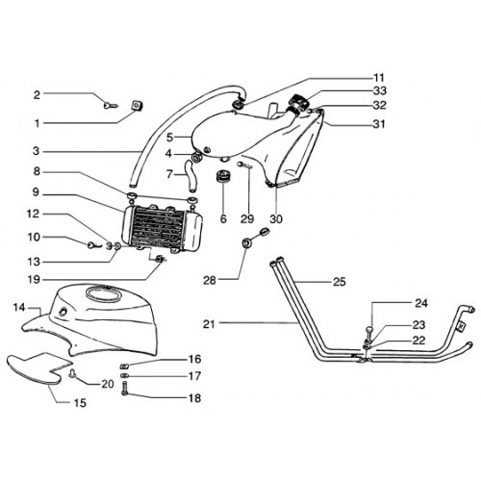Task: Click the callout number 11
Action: [379, 78]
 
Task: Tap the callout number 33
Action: [380, 91]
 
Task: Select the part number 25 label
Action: [340, 282]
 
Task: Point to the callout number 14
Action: [19, 308]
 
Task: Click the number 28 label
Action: [210, 281]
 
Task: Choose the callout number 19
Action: [34, 280]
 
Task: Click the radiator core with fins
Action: [162, 228]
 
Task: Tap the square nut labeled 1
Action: [138, 105]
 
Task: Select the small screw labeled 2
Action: [111, 105]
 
